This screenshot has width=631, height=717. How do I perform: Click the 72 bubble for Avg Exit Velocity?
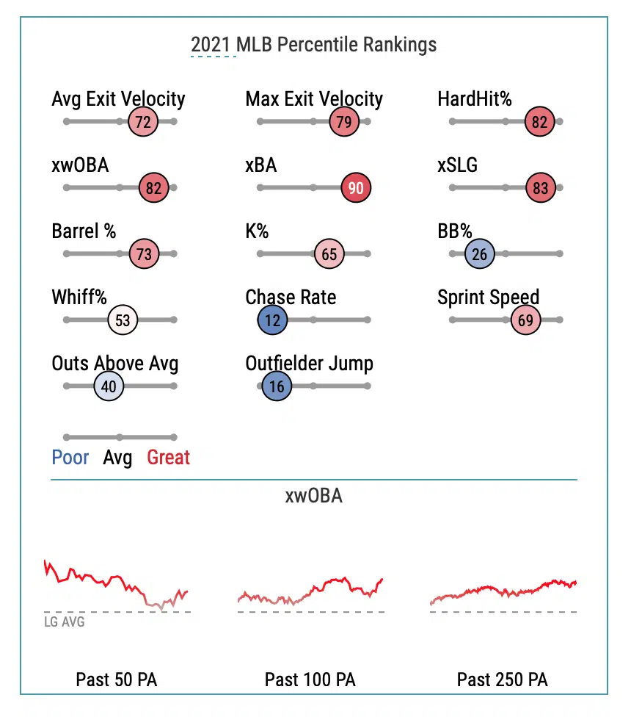(x=143, y=122)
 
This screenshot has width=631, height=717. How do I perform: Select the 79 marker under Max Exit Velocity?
(x=343, y=122)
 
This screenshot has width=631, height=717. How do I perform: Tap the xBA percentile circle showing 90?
(x=356, y=188)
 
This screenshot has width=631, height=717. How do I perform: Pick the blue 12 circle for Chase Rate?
(x=273, y=320)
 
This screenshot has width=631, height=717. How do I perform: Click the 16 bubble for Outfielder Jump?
(x=277, y=386)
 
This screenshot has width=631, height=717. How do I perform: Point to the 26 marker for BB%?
(x=480, y=254)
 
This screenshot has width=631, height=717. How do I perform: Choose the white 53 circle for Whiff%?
(x=123, y=320)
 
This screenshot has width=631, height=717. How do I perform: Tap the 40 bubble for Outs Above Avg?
(x=109, y=386)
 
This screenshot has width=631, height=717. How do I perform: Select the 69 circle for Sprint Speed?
(x=525, y=320)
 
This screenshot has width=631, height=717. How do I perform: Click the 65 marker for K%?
(x=329, y=254)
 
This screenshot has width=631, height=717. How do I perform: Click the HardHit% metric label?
(x=474, y=99)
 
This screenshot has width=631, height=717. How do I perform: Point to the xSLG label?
(x=457, y=165)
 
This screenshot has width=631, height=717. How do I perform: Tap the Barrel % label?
(x=84, y=231)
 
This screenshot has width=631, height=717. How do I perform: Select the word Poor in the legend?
(x=70, y=458)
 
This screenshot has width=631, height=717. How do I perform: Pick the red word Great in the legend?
(x=168, y=458)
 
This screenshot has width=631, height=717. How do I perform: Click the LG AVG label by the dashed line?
(x=65, y=622)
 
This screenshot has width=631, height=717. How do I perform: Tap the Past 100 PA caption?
(x=310, y=680)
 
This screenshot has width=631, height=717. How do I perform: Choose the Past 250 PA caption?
(x=502, y=680)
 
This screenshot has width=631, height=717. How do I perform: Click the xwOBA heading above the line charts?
(x=313, y=496)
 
